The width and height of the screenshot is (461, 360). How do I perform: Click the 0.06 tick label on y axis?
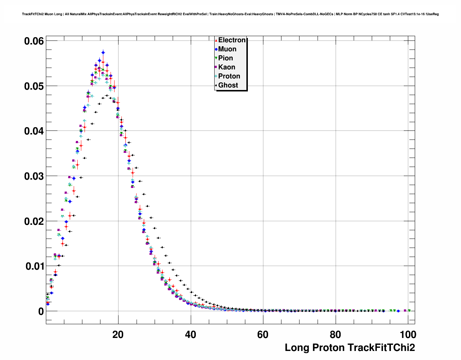pos(34,41)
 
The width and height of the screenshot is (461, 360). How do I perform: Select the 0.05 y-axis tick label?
pos(34,86)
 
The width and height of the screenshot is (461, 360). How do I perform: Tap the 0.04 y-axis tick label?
pos(34,131)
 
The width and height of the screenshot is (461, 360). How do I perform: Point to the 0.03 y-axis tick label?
pos(34,176)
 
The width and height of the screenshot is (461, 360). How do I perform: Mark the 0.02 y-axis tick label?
pos(34,221)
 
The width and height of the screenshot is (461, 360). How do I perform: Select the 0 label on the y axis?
pos(41,312)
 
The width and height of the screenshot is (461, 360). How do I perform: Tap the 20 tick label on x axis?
pos(118,334)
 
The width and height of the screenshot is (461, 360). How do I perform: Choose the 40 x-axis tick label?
pos(190,334)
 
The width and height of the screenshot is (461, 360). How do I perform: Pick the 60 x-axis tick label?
pos(263,334)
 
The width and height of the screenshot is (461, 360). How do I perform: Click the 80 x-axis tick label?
pos(336,334)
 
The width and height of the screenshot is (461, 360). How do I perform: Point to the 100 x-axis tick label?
pos(408,334)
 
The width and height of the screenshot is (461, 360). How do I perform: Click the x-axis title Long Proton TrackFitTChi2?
pos(350,348)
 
